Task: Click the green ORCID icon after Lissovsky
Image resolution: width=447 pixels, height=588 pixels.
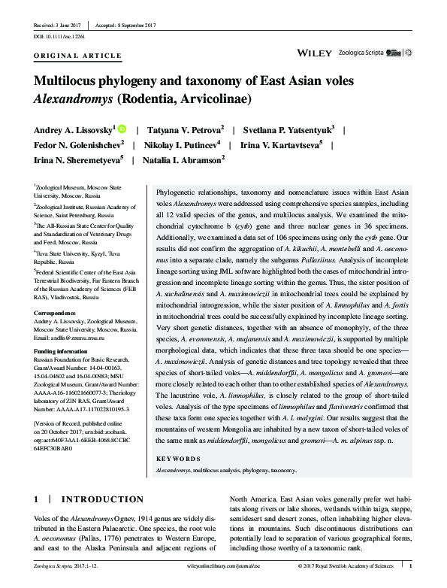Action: pos(122,129)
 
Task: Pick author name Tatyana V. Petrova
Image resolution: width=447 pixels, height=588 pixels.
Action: pos(186,129)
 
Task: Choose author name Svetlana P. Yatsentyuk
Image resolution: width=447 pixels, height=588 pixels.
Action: pos(289,129)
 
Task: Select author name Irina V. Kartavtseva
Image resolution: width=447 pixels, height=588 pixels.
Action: pos(281,144)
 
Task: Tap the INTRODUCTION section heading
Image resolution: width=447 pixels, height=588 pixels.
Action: pos(101,499)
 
